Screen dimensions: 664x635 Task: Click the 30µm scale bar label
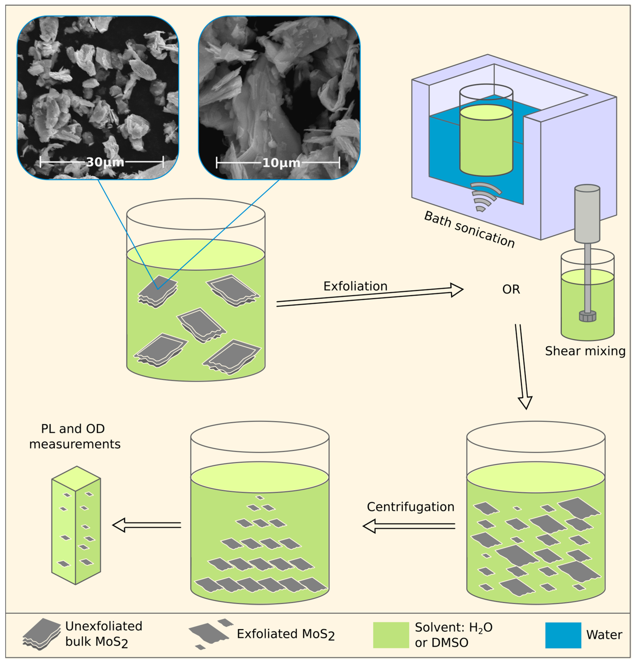pos(105,162)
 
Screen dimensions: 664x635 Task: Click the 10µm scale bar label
pos(281,163)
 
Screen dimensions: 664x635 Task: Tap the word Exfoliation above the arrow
pos(355,286)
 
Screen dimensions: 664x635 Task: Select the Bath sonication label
pos(469,229)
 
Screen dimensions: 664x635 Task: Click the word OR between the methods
pos(511,289)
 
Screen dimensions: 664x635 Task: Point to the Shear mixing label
pos(585,351)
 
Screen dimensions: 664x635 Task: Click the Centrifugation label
pos(410,507)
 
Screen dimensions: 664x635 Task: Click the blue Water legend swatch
pos(563,635)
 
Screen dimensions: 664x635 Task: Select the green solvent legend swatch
pos(391,635)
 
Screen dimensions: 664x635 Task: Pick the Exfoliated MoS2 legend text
pos(285,634)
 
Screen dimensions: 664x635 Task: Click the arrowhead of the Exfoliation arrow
pos(457,290)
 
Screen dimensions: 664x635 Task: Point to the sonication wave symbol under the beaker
pos(484,197)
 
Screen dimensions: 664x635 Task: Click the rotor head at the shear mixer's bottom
pos(587,316)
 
